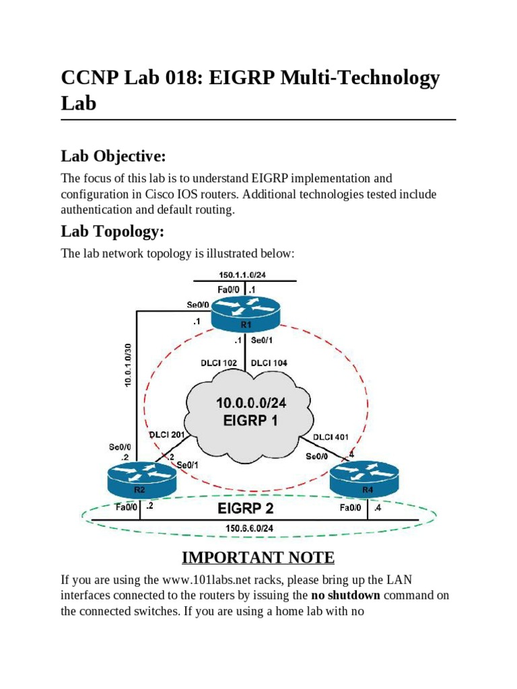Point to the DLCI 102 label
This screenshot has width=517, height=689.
point(219,363)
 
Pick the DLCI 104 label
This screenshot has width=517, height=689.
point(269,363)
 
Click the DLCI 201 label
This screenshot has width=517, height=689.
point(168,435)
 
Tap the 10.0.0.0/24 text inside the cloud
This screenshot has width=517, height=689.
point(251,404)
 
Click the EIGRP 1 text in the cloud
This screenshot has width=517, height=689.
point(251,422)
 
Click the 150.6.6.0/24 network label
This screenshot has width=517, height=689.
point(249,528)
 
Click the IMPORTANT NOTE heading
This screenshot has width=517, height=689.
point(258,557)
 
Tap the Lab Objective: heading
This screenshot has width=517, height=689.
point(113,156)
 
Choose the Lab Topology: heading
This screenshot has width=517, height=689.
point(112,231)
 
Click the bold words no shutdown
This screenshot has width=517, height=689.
point(345,595)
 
